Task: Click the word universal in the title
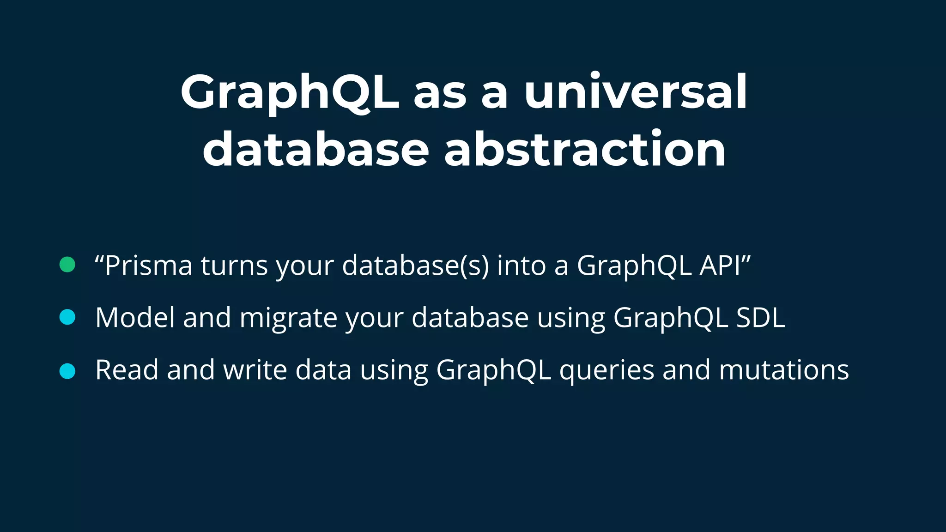pos(636,92)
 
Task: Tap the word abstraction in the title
pos(585,149)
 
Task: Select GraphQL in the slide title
pos(290,92)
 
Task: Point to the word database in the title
pos(316,149)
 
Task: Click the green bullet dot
pos(67,265)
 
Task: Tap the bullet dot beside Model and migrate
pos(67,318)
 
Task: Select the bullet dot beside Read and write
pos(67,371)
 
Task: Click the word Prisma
pos(148,266)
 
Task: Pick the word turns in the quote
pos(234,266)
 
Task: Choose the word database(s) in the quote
pos(415,266)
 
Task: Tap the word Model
pos(135,318)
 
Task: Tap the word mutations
pos(784,370)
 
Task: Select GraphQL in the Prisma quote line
pos(634,266)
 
